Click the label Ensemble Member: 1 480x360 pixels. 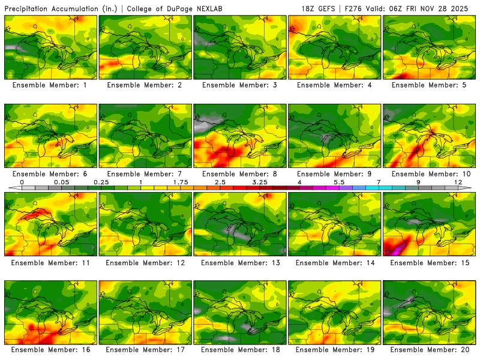point(51,85)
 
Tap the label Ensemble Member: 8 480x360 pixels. point(239,174)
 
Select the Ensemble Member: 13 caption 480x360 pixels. point(239,263)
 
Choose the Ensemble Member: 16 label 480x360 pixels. point(51,349)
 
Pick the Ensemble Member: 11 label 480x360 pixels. point(51,263)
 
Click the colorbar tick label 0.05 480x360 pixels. point(61,181)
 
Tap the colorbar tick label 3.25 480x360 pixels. point(259,181)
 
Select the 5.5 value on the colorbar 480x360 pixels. point(338,181)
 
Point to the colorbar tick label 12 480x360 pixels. point(458,181)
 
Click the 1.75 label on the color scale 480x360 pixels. point(180,181)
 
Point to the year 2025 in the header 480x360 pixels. point(467,8)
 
